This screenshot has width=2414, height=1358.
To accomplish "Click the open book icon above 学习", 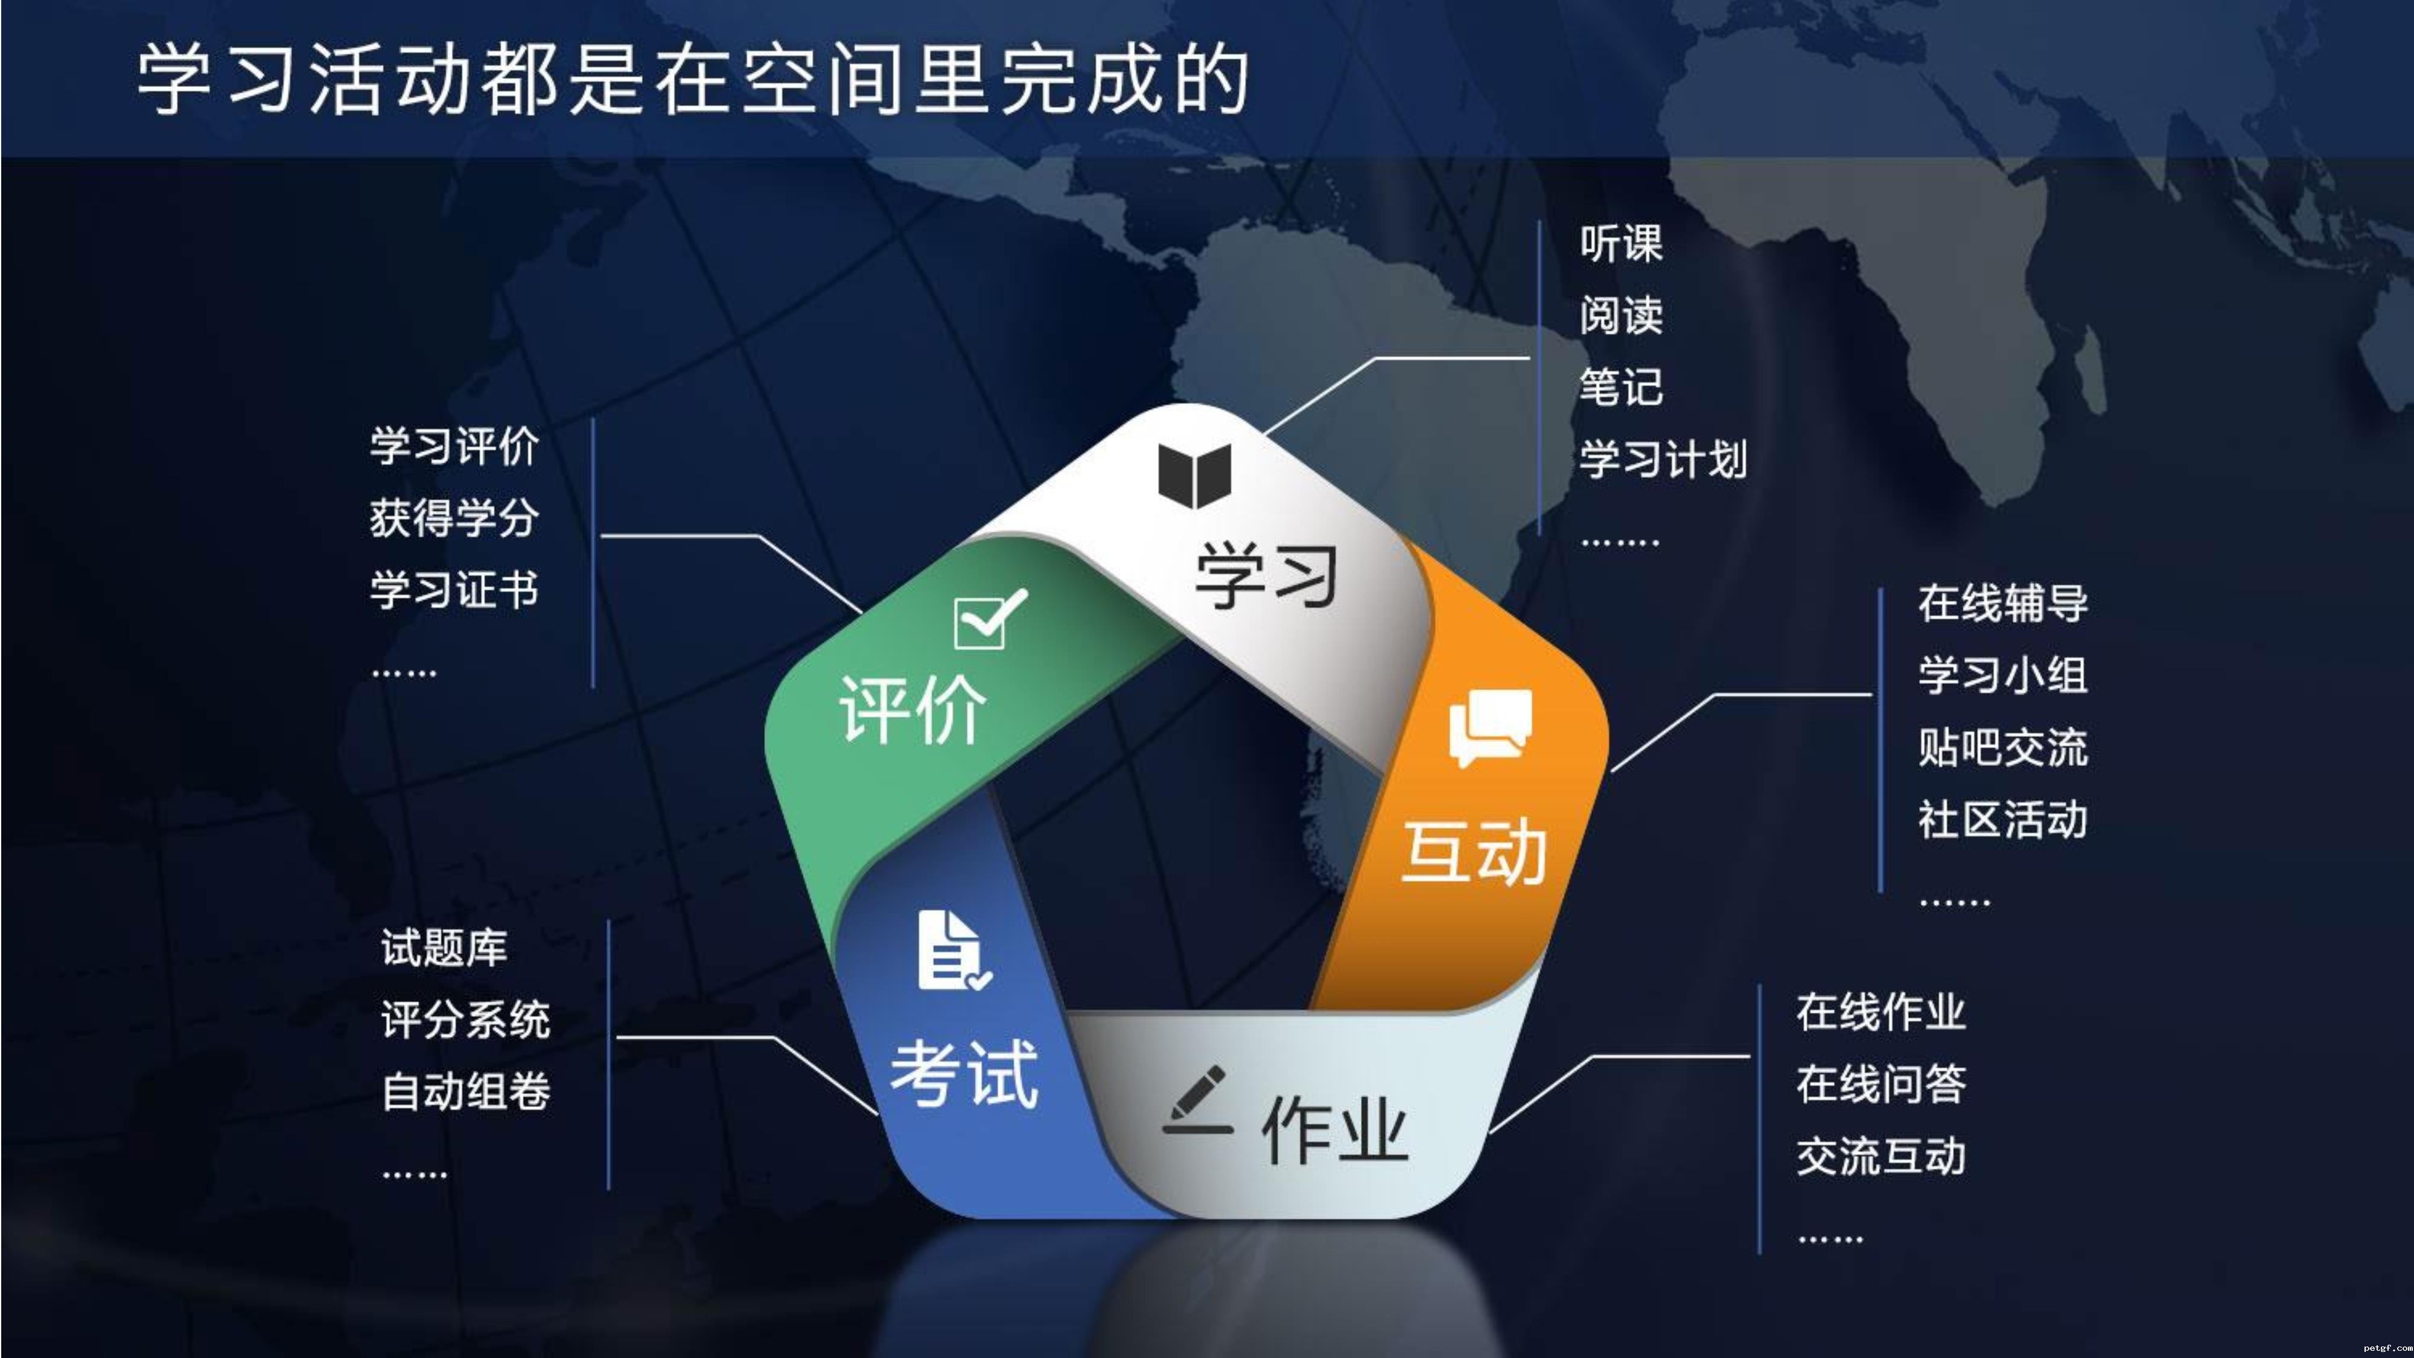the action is click(1194, 475).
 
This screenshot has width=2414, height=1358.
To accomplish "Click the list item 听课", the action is click(1621, 244).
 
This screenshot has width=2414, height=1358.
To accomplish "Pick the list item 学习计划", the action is click(1663, 459).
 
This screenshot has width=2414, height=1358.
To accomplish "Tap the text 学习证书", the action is click(454, 590).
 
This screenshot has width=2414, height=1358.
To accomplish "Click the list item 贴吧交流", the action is click(2002, 747).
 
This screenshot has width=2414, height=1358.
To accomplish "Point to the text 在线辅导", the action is click(2002, 602).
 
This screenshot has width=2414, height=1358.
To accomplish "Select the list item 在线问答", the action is click(1881, 1083).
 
